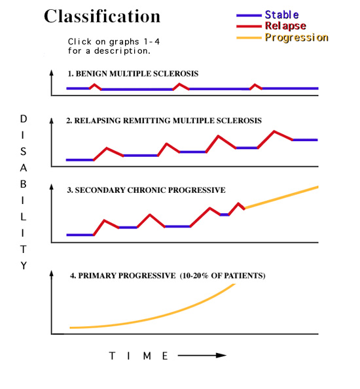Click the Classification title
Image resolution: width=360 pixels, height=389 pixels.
[x=101, y=16]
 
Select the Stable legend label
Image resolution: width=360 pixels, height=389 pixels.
[x=282, y=14]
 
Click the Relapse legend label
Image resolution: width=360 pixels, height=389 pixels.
[x=285, y=26]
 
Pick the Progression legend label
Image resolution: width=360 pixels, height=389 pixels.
[x=296, y=38]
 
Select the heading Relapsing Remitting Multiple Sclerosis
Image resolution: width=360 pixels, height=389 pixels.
[x=164, y=121]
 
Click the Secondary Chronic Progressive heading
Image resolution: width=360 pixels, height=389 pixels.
[x=146, y=190]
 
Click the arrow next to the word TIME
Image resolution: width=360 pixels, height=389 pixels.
[x=202, y=356]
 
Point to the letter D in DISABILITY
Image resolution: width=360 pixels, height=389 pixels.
[x=24, y=119]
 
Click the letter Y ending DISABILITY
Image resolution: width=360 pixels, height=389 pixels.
[x=24, y=266]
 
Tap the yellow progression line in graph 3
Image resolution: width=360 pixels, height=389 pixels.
[x=281, y=197]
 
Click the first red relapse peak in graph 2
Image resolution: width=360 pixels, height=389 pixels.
[x=107, y=148]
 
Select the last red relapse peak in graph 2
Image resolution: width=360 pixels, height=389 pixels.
[x=274, y=131]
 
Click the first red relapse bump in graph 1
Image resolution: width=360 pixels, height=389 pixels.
[x=94, y=85]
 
